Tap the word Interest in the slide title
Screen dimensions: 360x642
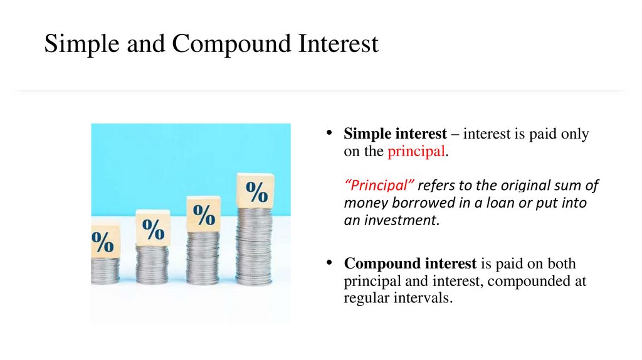[338, 44]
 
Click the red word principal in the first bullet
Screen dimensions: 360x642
[416, 151]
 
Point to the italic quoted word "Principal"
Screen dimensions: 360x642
[380, 186]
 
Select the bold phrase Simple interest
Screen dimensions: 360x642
[395, 134]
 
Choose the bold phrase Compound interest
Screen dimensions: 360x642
[411, 264]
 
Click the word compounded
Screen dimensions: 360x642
[530, 282]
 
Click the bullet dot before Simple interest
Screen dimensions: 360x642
[327, 134]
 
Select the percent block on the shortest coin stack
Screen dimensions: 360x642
[104, 240]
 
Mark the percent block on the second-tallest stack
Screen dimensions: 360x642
[203, 214]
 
